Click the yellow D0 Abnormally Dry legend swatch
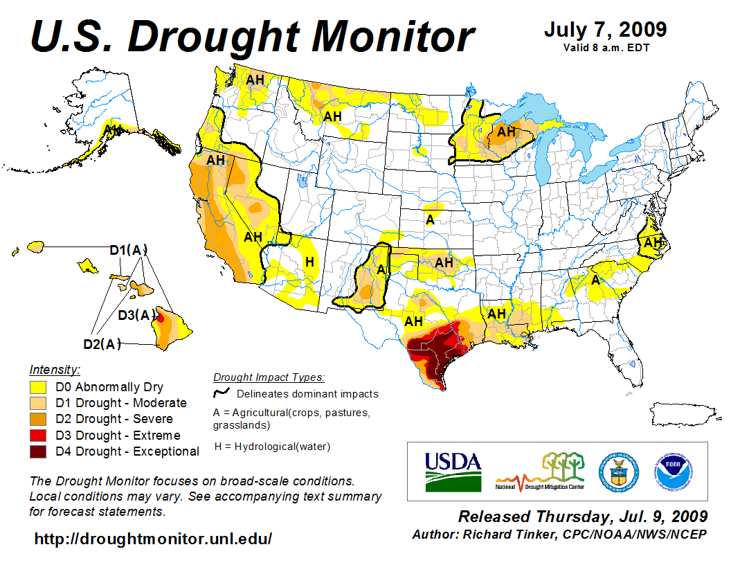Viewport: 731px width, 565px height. click(38, 387)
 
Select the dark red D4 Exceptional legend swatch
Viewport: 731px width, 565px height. click(38, 451)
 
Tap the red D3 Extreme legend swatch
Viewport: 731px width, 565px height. click(38, 436)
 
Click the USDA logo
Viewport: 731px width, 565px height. click(452, 472)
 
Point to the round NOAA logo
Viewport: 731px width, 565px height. click(670, 471)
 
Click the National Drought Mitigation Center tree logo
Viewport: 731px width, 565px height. click(541, 471)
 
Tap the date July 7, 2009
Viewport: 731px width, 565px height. click(605, 30)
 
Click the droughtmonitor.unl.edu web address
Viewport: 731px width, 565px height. click(153, 538)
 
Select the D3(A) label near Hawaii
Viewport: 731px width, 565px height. click(136, 316)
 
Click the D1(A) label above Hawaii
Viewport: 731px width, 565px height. click(129, 251)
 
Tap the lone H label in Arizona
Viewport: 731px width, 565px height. click(310, 262)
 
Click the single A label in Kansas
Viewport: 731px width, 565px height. click(430, 220)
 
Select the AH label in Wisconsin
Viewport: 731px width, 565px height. click(507, 131)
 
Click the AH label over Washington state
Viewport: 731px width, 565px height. click(255, 80)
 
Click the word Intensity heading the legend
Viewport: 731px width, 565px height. click(55, 370)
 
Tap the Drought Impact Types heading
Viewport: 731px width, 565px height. click(269, 377)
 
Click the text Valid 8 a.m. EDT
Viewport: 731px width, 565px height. click(606, 47)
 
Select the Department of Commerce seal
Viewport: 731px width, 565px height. click(618, 471)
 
